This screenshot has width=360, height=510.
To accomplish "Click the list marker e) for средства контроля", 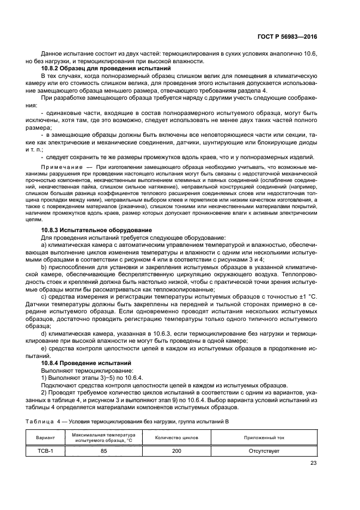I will (x=44, y=348).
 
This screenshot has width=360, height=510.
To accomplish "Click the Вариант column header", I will (x=47, y=438).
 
